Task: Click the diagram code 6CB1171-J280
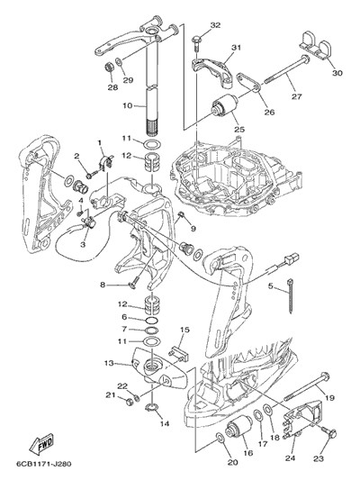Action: click(x=43, y=464)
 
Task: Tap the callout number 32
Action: click(x=215, y=25)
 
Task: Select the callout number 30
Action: click(x=337, y=73)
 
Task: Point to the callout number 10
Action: click(x=128, y=105)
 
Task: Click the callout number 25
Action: click(x=239, y=129)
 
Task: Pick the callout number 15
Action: click(x=184, y=330)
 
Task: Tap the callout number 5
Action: click(x=270, y=286)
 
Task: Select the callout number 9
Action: click(x=193, y=229)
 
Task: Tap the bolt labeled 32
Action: click(x=196, y=44)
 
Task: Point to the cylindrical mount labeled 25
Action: click(x=225, y=106)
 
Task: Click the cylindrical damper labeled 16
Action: click(x=238, y=427)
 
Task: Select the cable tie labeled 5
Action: click(x=291, y=296)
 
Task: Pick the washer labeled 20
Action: click(x=220, y=438)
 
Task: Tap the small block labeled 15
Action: click(x=179, y=355)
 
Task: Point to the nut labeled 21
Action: click(x=129, y=401)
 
